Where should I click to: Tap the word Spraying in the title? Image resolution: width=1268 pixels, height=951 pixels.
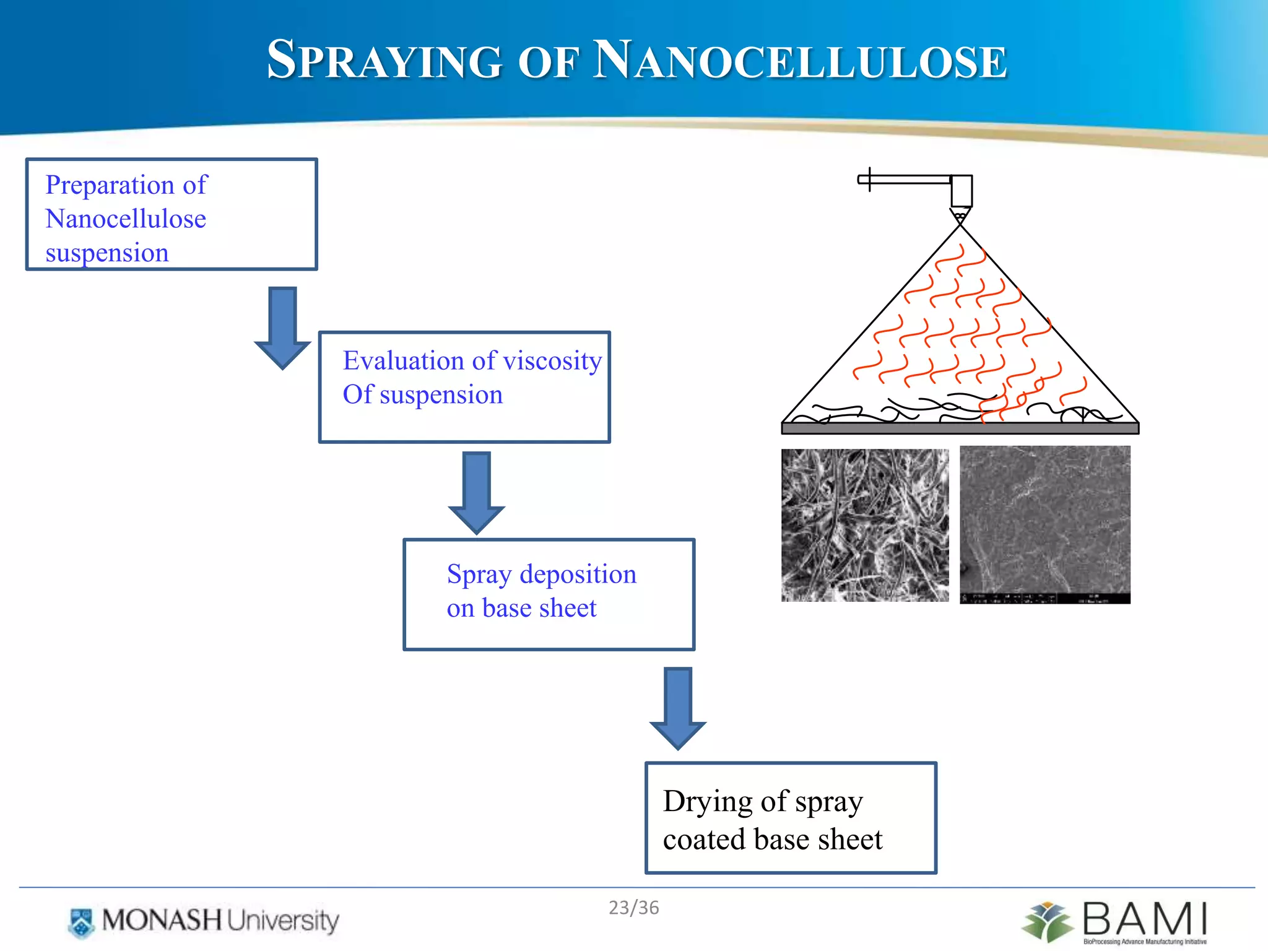(x=384, y=60)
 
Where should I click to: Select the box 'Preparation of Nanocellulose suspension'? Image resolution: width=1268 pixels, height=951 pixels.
(x=172, y=214)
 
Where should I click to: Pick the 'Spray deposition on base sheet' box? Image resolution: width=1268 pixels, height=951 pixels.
(x=549, y=594)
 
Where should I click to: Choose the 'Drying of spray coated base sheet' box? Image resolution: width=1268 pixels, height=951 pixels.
(x=791, y=818)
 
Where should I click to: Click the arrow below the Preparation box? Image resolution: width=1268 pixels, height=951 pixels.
(x=283, y=327)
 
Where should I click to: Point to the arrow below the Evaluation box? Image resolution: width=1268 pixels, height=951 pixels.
(x=477, y=492)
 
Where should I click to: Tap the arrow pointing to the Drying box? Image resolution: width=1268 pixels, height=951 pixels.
(x=678, y=708)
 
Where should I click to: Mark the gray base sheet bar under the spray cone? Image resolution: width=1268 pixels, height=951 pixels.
(x=960, y=428)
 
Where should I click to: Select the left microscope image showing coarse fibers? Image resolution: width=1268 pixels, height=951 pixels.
(x=865, y=525)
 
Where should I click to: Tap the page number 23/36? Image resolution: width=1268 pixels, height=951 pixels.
(x=633, y=908)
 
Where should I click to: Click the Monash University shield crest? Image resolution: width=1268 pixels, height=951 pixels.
(x=81, y=922)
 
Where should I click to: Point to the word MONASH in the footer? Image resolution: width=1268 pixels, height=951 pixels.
(x=162, y=920)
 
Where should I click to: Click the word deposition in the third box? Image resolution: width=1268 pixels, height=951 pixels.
(x=578, y=575)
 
